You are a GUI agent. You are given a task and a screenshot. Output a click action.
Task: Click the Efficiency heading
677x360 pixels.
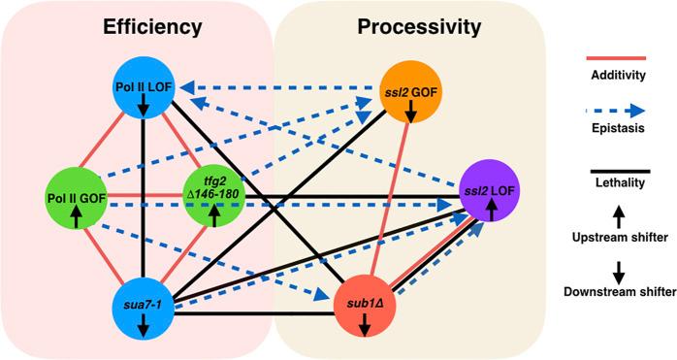pyautogui.click(x=144, y=27)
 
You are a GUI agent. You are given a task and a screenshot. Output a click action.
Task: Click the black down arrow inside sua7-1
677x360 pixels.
pyautogui.click(x=144, y=327)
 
